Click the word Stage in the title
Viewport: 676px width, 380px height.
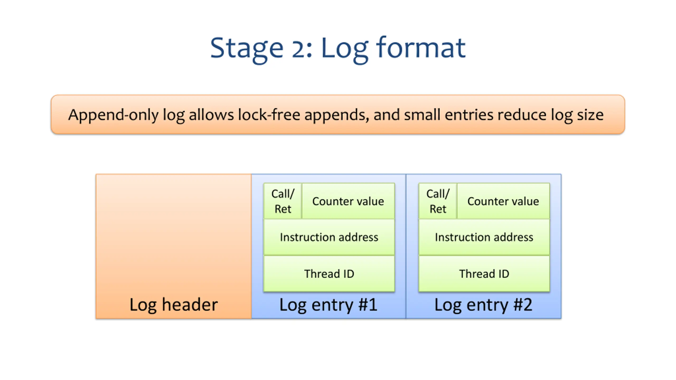pyautogui.click(x=247, y=49)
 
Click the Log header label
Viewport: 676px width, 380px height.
pyautogui.click(x=173, y=305)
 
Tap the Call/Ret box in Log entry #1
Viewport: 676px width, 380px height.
pyautogui.click(x=283, y=201)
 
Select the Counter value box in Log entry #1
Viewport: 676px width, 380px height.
pyautogui.click(x=348, y=201)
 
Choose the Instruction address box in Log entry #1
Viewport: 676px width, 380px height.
pyautogui.click(x=329, y=237)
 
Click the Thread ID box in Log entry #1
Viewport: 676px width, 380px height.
pyautogui.click(x=329, y=274)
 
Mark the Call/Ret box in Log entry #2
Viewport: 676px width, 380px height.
pyautogui.click(x=438, y=201)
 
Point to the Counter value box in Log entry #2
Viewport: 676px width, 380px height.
pyautogui.click(x=503, y=201)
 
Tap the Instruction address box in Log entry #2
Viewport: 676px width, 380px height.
pyautogui.click(x=484, y=237)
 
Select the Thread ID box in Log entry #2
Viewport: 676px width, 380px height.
pyautogui.click(x=484, y=274)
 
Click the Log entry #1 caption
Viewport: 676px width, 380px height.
pyautogui.click(x=328, y=305)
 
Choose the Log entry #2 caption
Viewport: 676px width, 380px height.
pyautogui.click(x=483, y=305)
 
